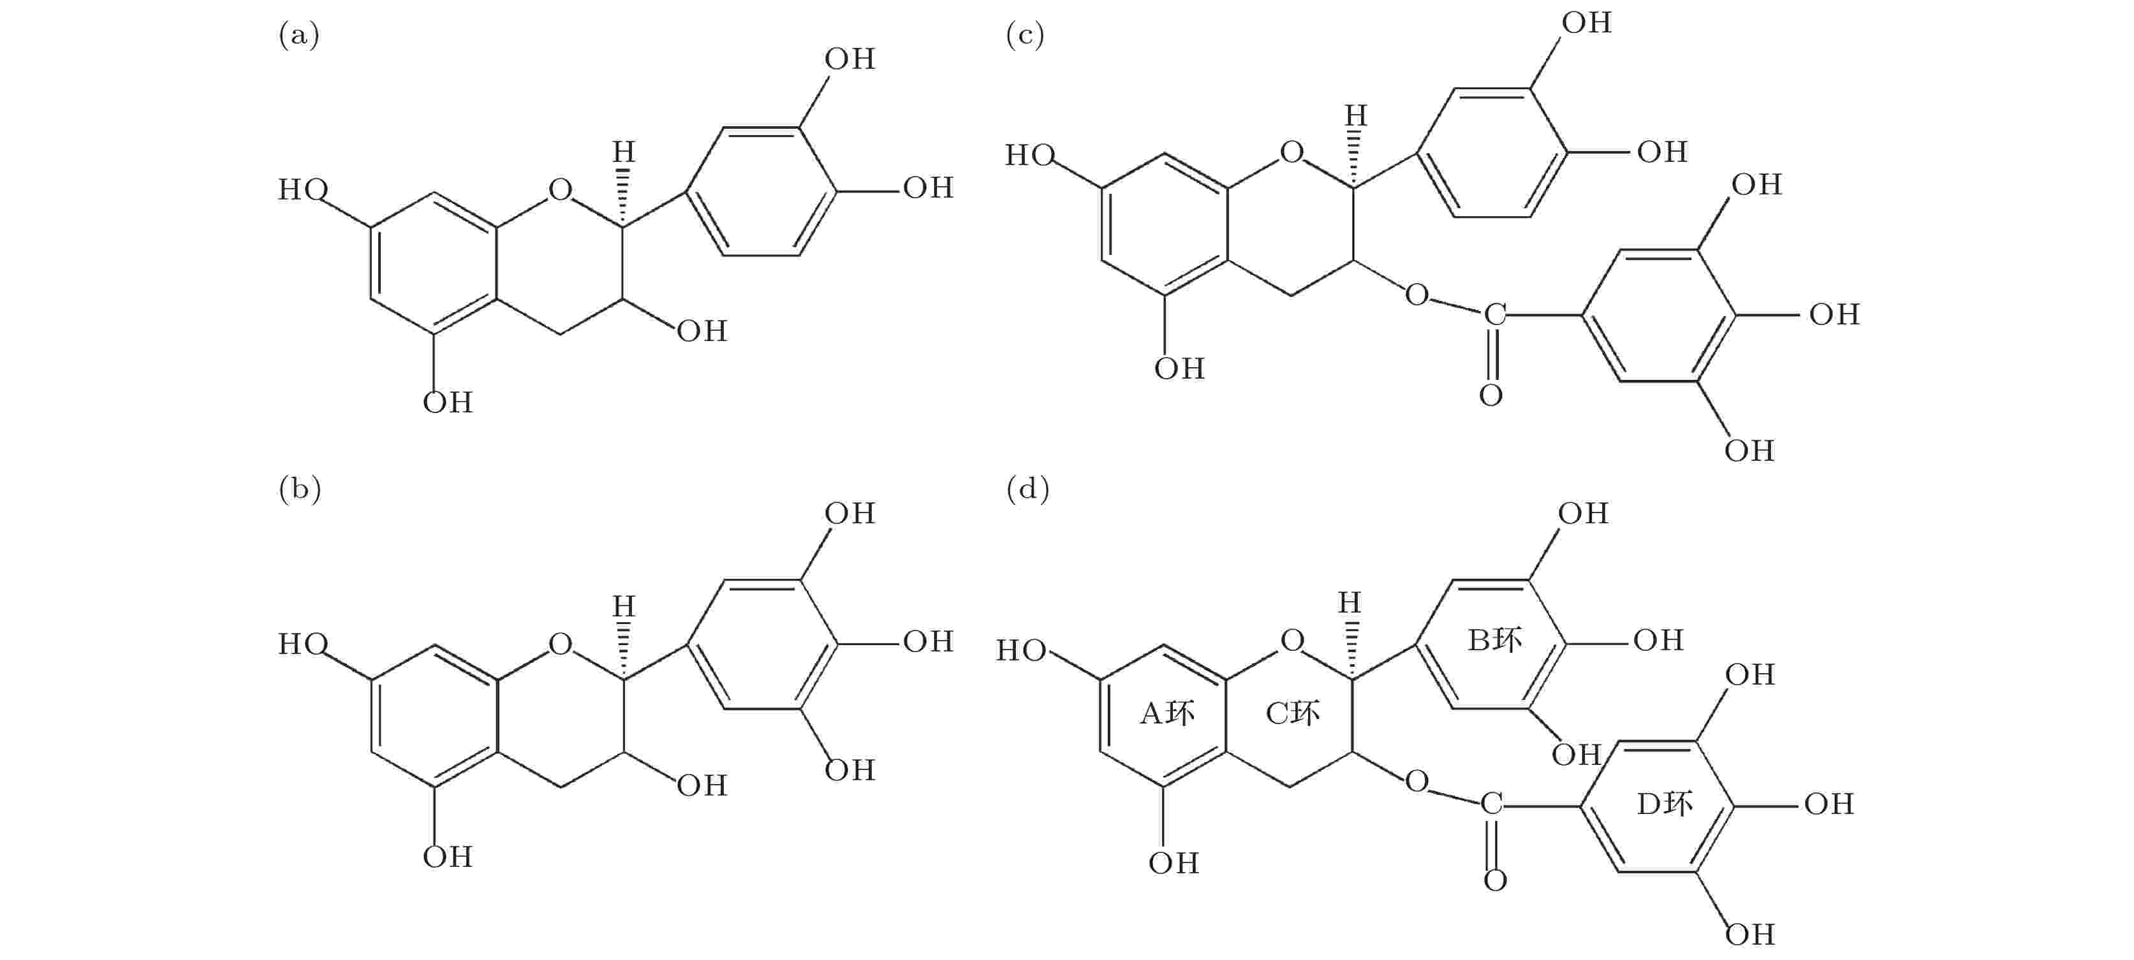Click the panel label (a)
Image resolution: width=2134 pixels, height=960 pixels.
click(x=298, y=36)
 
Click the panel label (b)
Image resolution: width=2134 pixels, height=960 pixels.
click(x=299, y=490)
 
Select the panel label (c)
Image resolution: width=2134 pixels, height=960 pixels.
click(x=1025, y=36)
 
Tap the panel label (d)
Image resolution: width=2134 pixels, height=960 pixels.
click(x=1027, y=490)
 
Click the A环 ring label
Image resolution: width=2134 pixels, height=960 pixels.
click(x=1166, y=713)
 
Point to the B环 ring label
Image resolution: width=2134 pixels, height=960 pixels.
click(x=1494, y=640)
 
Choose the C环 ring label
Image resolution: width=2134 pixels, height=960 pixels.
click(x=1291, y=713)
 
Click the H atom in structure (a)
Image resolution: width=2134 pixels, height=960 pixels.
click(x=623, y=152)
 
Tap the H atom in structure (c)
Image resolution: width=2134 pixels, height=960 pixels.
click(x=1355, y=115)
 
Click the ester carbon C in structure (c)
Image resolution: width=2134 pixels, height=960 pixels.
click(x=1494, y=315)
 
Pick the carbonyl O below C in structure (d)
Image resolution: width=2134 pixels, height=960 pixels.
click(x=1494, y=880)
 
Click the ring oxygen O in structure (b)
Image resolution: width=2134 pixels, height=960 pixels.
click(x=560, y=644)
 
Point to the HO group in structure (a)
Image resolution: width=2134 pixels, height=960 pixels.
click(x=302, y=190)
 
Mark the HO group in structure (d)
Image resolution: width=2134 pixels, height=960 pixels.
click(x=1020, y=651)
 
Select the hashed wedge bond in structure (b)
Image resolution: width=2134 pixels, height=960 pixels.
click(x=624, y=650)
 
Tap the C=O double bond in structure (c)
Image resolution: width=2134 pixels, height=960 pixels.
click(x=1492, y=354)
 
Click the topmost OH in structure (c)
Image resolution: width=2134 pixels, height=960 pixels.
click(x=1586, y=23)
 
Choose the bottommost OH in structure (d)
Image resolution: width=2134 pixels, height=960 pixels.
click(x=1749, y=935)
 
